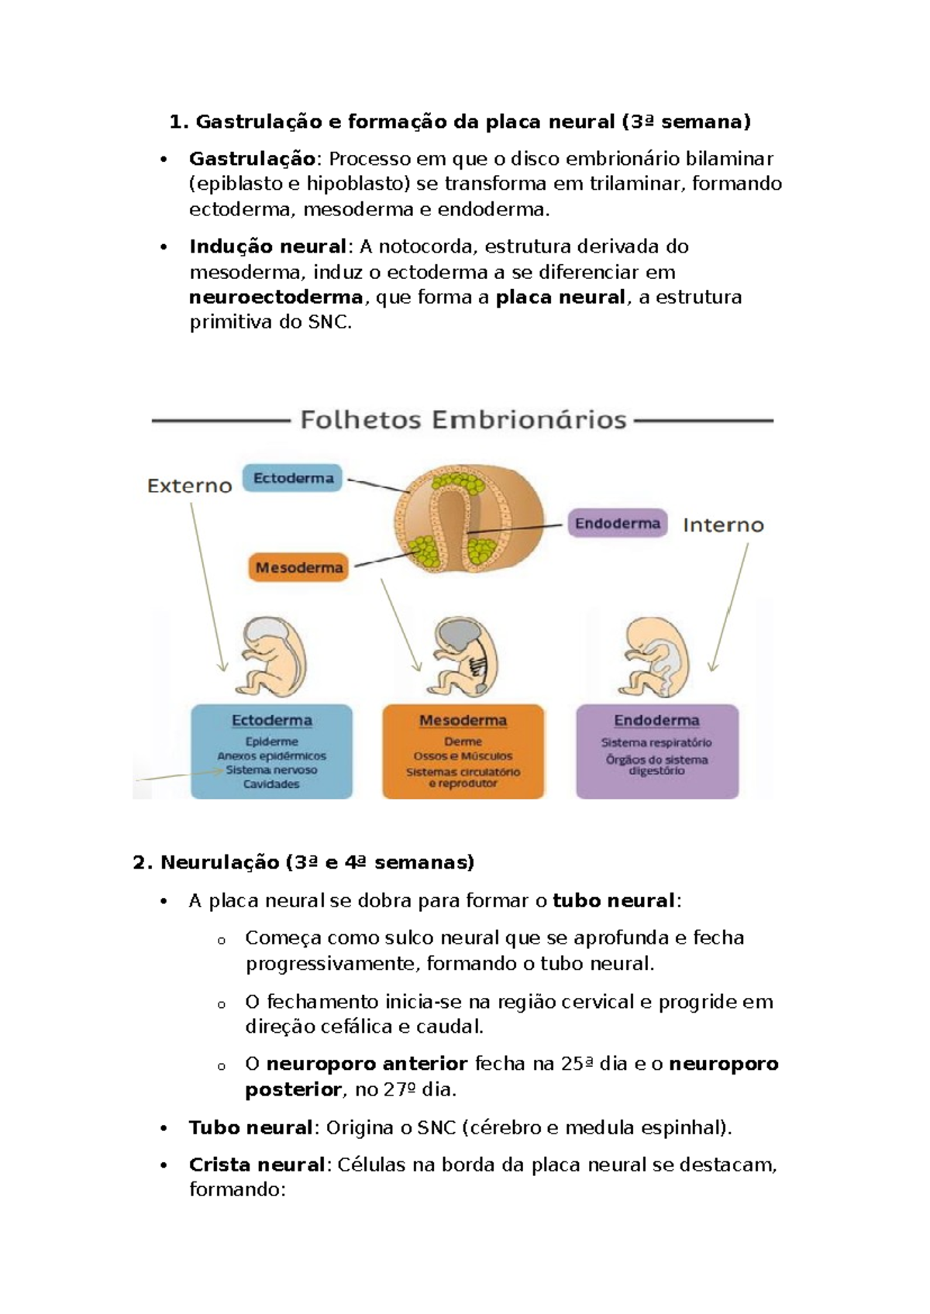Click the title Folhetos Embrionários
463,420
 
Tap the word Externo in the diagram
189,486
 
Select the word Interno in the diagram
722,525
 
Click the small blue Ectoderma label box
293,478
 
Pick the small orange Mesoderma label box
298,568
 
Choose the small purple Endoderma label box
617,524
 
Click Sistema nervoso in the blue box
271,770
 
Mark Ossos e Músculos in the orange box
463,756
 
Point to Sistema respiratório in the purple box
656,742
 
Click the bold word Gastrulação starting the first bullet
252,159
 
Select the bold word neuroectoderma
276,298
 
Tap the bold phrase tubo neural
613,901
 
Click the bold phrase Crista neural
256,1164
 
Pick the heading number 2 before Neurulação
139,863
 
